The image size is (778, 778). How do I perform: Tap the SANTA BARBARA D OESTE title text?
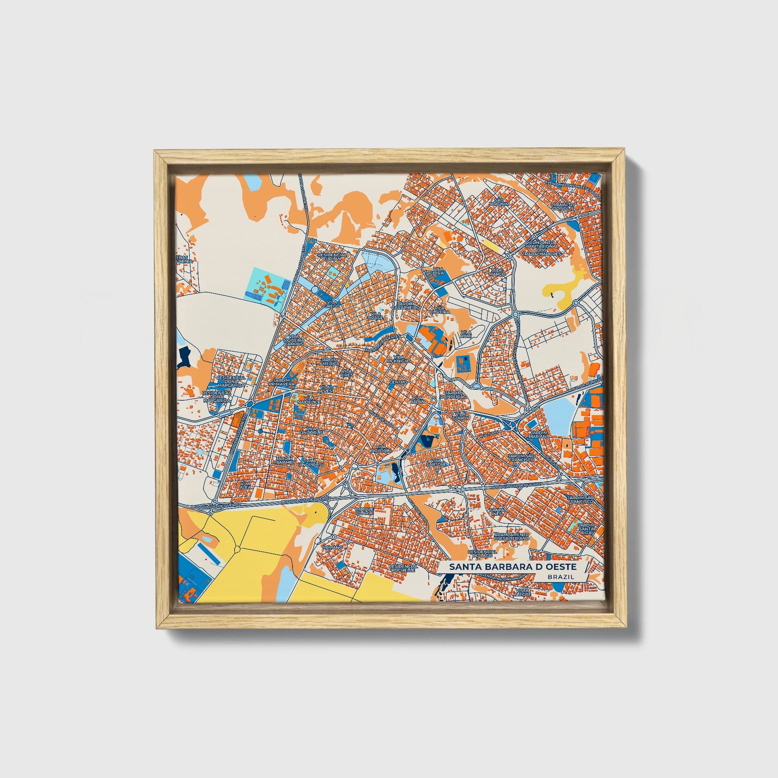[x=513, y=567]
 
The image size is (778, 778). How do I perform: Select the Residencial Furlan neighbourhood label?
[x=332, y=257]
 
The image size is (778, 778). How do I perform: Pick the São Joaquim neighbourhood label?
[x=499, y=202]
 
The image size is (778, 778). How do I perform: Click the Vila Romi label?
[x=465, y=334]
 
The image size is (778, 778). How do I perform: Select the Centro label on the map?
[x=398, y=381]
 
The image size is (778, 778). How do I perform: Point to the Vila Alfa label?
[x=245, y=485]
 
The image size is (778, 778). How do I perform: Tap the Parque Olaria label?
[x=365, y=511]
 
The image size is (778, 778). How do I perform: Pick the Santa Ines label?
[x=497, y=511]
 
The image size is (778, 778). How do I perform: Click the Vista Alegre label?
[x=523, y=592]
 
